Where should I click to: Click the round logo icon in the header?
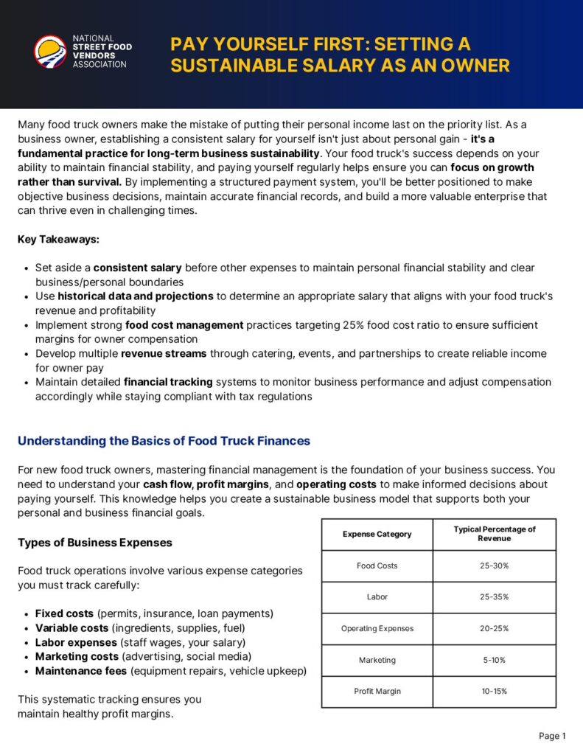click(50, 52)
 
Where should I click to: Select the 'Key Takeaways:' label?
click(58, 240)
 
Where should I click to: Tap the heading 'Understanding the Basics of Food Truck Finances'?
click(164, 441)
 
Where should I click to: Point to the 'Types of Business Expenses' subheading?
click(94, 543)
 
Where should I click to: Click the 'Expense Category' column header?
click(377, 534)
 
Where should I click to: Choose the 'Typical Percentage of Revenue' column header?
click(494, 534)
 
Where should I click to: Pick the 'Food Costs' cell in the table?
click(377, 566)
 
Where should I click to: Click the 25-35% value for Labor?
click(494, 597)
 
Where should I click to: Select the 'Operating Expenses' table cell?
click(377, 629)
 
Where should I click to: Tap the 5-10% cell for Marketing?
click(494, 660)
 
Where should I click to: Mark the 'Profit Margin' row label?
click(377, 692)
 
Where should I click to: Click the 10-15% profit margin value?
click(494, 692)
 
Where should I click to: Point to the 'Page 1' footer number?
click(552, 736)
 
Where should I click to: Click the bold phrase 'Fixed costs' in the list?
click(64, 613)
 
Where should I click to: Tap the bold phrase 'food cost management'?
click(184, 325)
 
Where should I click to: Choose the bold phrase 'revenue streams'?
click(164, 354)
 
